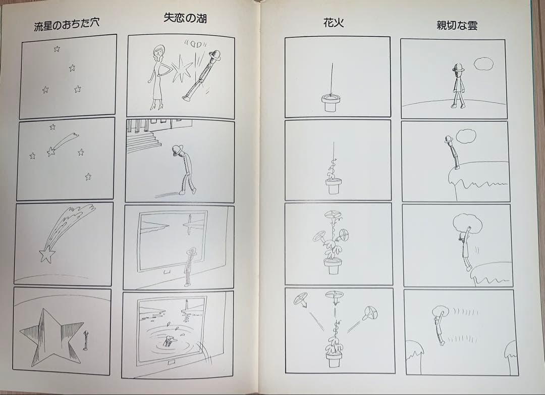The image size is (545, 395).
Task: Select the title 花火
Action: tap(334, 22)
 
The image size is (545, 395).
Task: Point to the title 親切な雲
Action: tap(457, 25)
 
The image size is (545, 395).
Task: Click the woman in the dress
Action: tap(158, 76)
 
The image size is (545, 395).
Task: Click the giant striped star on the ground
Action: tap(49, 335)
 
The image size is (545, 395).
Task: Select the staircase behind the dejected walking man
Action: tap(143, 140)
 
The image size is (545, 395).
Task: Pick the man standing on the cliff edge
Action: tap(452, 152)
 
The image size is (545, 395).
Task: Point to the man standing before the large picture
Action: tap(190, 267)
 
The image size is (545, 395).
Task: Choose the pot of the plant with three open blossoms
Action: tap(333, 266)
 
